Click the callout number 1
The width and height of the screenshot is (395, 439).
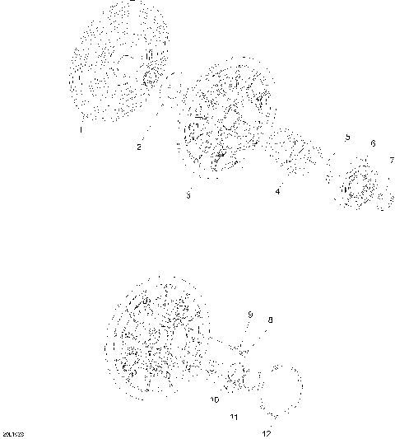pos(81,129)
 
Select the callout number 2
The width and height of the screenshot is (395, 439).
pos(139,147)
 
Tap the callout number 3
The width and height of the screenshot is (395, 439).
pos(188,196)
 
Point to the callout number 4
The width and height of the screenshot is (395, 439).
pos(278,191)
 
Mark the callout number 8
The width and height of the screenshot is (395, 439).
pos(270,320)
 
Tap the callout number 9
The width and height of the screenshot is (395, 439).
pos(250,315)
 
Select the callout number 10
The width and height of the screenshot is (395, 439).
pos(214,400)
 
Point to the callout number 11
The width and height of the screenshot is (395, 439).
pos(234,418)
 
